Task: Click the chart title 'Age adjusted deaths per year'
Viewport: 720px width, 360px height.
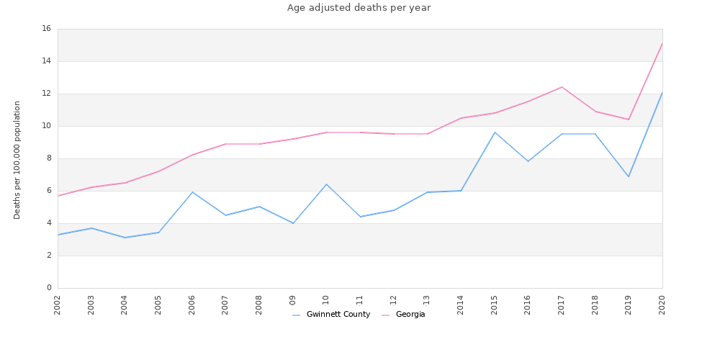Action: tap(359, 8)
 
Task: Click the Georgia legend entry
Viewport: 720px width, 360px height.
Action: tap(410, 315)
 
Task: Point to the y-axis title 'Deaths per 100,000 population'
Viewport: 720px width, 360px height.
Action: tap(17, 160)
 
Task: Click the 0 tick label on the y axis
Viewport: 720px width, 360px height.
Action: tap(48, 288)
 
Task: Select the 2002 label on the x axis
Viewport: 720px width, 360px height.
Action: tap(58, 305)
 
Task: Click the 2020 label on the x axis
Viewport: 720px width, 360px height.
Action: tap(662, 305)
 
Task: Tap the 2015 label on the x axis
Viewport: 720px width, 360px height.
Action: tap(495, 305)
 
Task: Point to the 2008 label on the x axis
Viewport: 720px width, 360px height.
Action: tap(259, 305)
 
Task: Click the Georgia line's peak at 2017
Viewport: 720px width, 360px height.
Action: tap(562, 87)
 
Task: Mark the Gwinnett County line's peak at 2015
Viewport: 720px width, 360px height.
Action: tap(495, 132)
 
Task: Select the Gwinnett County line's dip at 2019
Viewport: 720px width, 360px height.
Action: tap(629, 176)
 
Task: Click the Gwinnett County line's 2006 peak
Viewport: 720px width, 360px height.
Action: tap(192, 192)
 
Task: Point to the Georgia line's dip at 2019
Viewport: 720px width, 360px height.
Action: tap(629, 120)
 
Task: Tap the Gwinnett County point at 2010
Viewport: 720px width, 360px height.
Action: tap(326, 184)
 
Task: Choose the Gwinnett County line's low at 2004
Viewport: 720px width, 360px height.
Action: tap(125, 238)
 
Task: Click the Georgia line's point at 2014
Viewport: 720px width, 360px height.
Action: tap(461, 118)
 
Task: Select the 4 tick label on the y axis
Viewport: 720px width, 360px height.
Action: tap(48, 223)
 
